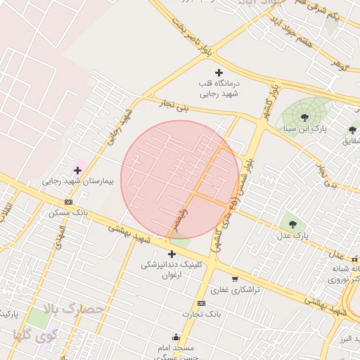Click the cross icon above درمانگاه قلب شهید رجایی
(x=219, y=72)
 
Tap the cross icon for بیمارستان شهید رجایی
(x=77, y=170)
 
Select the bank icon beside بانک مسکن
(x=68, y=201)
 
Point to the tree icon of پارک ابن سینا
(x=304, y=117)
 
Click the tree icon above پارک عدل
(x=292, y=224)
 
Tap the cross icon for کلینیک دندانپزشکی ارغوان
(x=172, y=254)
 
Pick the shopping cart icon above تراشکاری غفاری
(x=235, y=279)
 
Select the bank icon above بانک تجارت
(x=202, y=303)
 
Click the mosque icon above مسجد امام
(x=175, y=337)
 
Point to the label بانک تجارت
(x=200, y=314)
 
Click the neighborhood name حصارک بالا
(x=74, y=309)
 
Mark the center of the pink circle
(x=181, y=180)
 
